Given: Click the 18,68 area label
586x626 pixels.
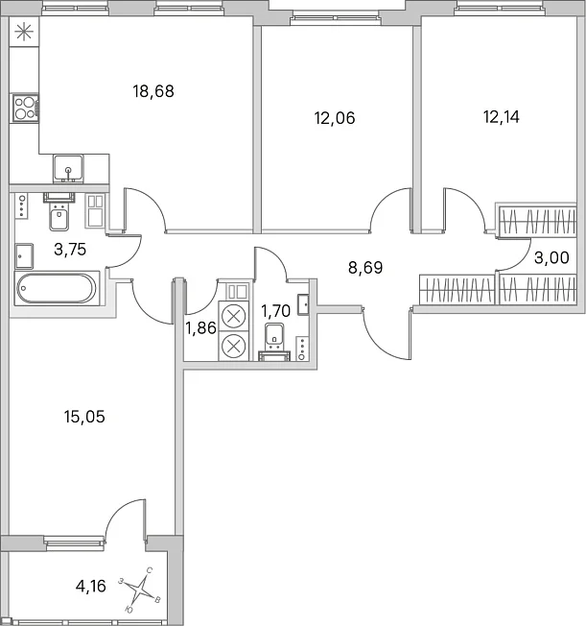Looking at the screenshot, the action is click(x=153, y=91).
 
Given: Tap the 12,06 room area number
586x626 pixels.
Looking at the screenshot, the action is click(x=335, y=118).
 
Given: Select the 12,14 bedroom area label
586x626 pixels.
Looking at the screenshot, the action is click(x=501, y=117).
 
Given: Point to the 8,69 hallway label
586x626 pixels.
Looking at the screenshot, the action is click(x=365, y=268).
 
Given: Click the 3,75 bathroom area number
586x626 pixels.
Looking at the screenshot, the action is click(x=70, y=250).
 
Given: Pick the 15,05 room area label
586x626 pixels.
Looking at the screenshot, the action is click(x=84, y=417).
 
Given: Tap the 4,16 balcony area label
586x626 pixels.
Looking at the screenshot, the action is click(x=90, y=586).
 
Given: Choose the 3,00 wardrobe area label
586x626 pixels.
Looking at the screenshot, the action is click(x=551, y=258).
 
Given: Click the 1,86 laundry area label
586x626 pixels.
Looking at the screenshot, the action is click(x=201, y=328).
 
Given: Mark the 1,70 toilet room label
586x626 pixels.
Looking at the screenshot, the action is click(x=275, y=311).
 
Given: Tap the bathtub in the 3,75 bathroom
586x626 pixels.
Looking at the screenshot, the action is click(x=57, y=288).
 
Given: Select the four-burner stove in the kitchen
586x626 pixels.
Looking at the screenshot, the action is click(x=26, y=108).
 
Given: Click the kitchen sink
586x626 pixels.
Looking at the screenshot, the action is click(x=69, y=168).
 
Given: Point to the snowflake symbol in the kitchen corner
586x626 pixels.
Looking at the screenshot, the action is click(x=24, y=32).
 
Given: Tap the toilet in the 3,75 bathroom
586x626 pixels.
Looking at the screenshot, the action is click(x=59, y=211).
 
